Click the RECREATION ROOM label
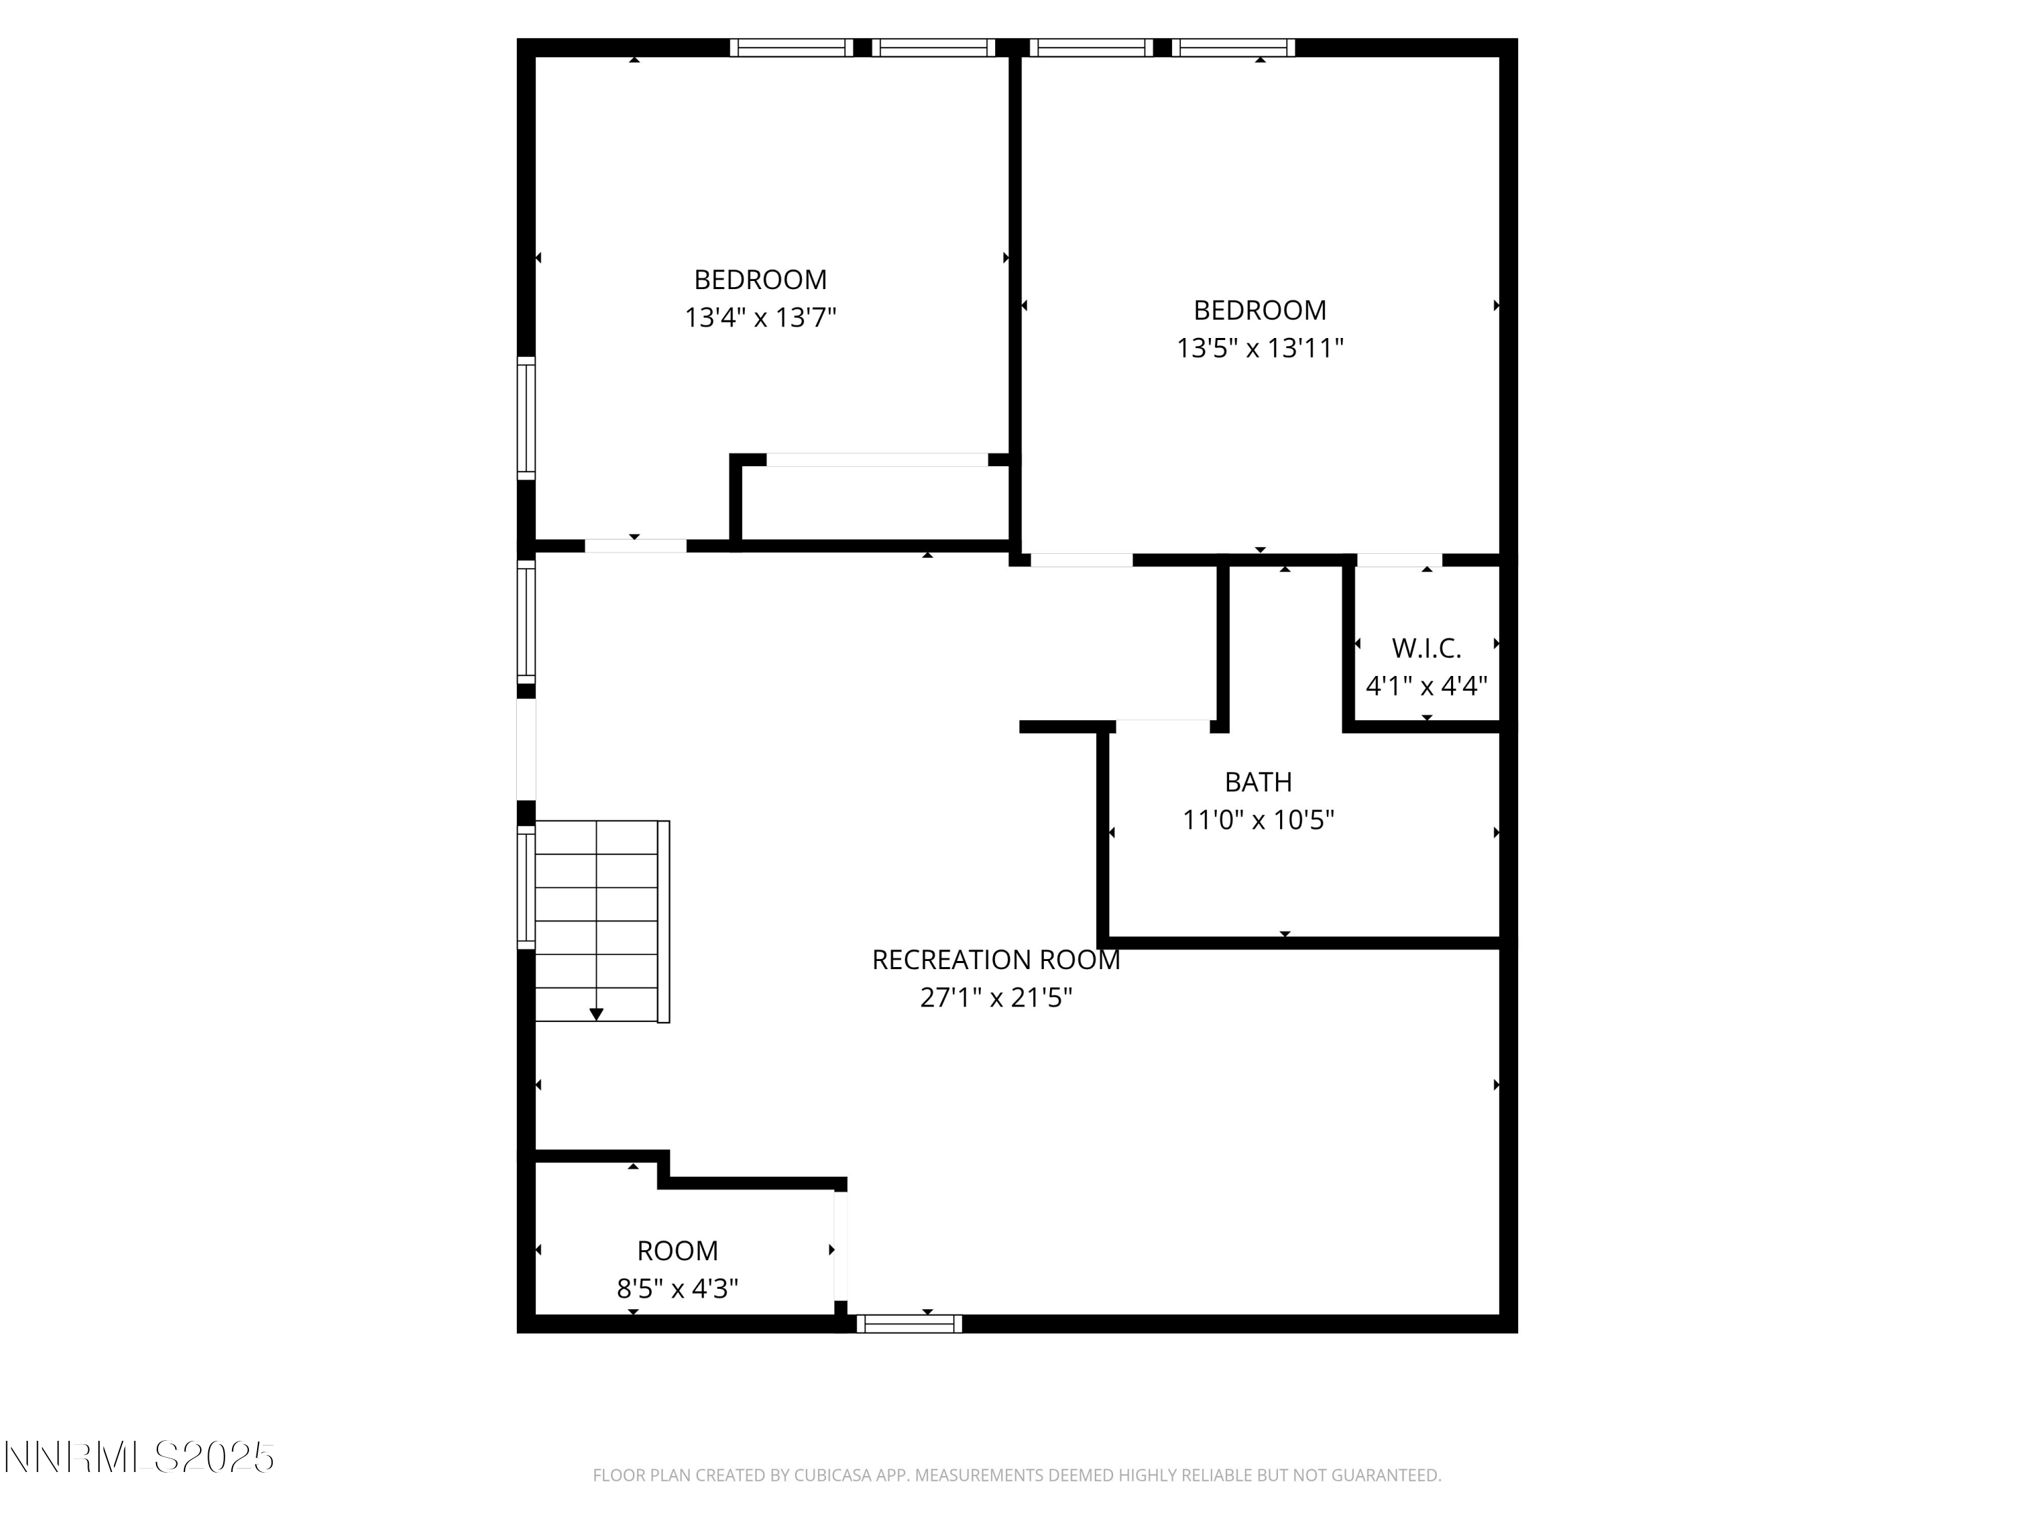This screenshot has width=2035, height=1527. coord(995,960)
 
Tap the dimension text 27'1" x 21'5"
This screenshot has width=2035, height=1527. coord(995,998)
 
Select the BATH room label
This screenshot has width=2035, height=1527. coord(1258,783)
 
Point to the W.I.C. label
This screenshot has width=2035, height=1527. coord(1426,649)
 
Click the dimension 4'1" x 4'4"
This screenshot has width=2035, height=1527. coord(1426,687)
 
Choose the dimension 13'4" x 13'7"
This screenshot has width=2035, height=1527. coord(760,318)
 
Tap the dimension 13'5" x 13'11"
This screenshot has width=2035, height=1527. coord(1260,349)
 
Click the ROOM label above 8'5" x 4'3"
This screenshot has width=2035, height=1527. coord(677,1251)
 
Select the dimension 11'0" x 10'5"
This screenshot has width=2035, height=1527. coord(1258,820)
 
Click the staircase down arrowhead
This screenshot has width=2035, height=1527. coord(596,1015)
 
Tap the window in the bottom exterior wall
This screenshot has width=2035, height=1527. coord(909,1323)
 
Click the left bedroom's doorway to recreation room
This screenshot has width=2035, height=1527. coord(635,546)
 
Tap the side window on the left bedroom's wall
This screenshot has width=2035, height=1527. coord(526,419)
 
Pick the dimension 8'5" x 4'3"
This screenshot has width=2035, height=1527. coord(677,1289)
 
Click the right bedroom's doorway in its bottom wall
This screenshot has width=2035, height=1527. coord(1081,561)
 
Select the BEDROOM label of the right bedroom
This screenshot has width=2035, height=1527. coord(1260,310)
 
